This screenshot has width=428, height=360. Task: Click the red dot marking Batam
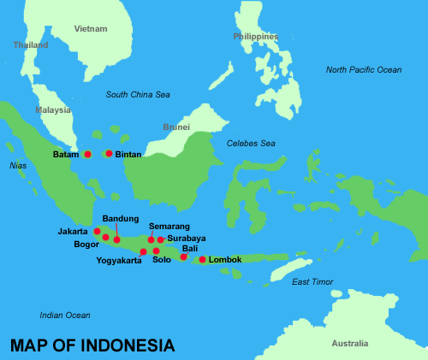point(87,155)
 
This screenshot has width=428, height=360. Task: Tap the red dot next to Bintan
point(109,154)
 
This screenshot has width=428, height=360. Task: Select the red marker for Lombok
point(202,259)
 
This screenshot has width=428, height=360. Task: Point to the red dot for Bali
point(183,257)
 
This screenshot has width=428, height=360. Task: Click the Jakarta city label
point(73,231)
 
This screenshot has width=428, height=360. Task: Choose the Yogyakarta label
point(119,260)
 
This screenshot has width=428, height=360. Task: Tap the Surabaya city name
point(187,239)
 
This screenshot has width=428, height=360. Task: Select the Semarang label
point(163,227)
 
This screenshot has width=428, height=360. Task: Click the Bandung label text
point(120,218)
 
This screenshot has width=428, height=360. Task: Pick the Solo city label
point(162,260)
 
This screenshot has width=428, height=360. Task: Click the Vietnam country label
point(91,28)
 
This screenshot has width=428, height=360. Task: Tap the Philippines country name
point(256,37)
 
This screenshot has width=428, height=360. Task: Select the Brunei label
point(176,127)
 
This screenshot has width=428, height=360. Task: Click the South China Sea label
point(138,94)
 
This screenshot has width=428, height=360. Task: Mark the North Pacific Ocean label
point(363,69)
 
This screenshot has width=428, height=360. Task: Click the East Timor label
point(312,281)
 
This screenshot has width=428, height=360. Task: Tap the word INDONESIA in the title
point(128,345)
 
